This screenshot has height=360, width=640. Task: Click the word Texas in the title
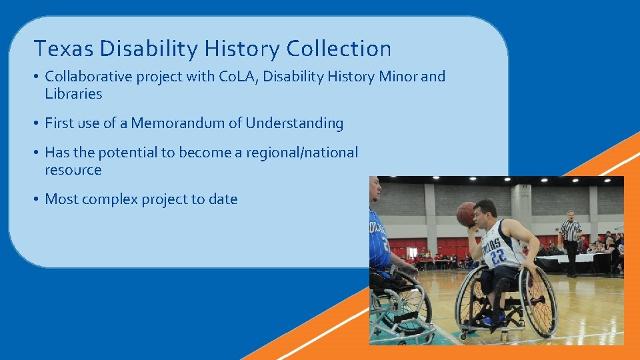[58, 49]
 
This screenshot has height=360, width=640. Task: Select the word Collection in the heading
[339, 49]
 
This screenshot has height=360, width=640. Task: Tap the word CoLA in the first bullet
[238, 77]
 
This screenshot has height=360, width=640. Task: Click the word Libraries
[73, 94]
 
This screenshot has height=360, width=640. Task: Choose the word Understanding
[295, 123]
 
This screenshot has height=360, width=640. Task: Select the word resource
[73, 170]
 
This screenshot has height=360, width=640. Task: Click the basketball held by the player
[466, 214]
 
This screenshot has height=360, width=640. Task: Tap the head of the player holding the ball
[485, 213]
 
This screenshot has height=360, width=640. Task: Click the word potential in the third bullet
[126, 153]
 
